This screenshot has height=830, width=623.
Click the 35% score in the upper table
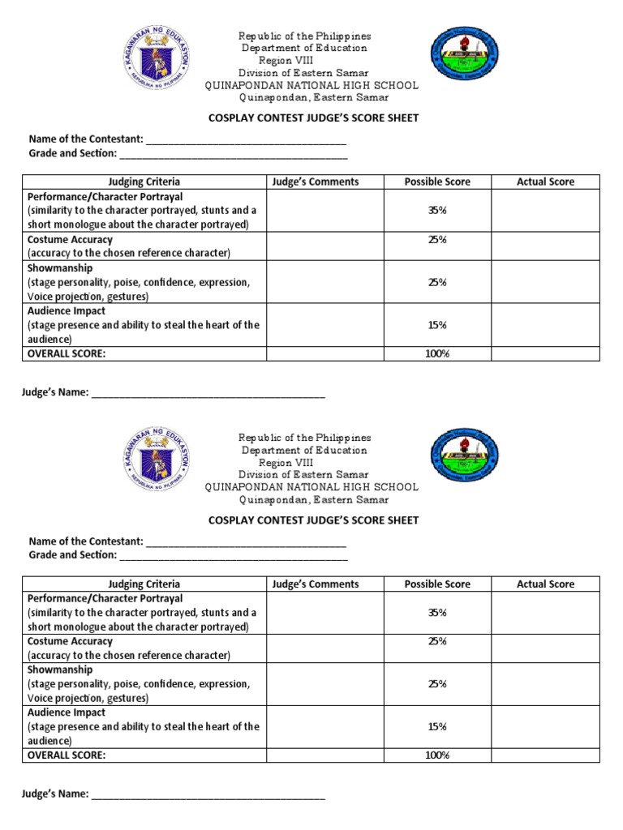(437, 211)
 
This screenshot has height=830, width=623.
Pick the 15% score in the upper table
(437, 325)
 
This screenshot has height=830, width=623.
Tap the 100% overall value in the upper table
(437, 354)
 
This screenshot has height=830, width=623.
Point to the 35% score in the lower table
(437, 613)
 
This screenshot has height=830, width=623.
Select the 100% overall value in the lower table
(437, 755)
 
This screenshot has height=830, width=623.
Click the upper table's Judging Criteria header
(144, 182)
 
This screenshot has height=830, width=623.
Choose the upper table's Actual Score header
(545, 182)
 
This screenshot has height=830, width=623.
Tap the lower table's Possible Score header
(437, 584)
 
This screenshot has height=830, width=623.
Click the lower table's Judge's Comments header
(316, 584)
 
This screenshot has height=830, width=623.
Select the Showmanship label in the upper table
(60, 268)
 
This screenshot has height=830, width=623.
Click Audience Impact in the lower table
(67, 712)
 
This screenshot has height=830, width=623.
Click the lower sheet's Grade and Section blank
(234, 556)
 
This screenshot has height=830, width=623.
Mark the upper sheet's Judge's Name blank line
(208, 396)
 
